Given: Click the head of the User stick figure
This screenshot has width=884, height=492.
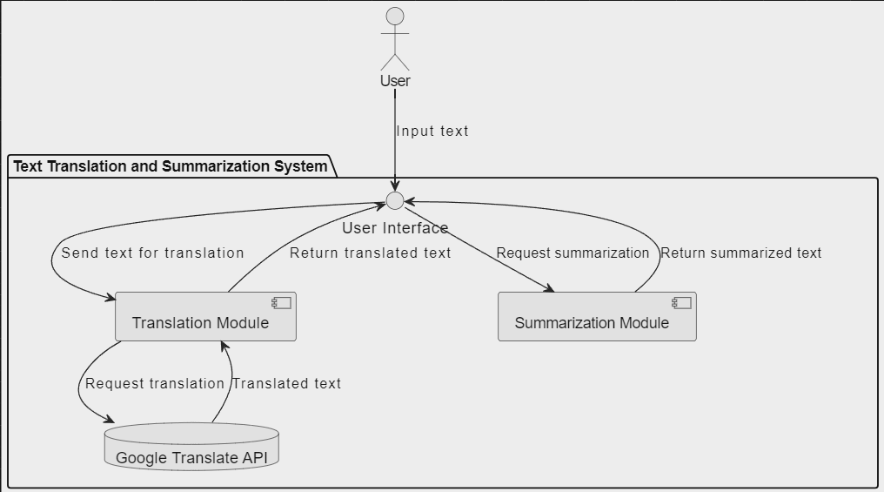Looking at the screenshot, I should click(x=395, y=16).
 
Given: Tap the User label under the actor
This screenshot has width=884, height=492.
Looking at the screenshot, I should click(x=395, y=81).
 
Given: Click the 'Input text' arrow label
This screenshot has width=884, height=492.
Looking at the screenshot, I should click(x=432, y=131).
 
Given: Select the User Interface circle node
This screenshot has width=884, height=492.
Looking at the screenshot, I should click(x=395, y=201).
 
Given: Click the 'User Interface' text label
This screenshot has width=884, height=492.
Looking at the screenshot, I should click(x=395, y=228).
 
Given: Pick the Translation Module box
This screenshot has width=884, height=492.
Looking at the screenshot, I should click(x=205, y=316).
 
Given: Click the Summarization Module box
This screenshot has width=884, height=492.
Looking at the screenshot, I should click(x=597, y=316).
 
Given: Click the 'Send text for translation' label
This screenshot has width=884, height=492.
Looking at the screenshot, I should click(x=152, y=253).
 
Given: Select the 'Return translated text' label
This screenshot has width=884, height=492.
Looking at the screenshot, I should click(x=370, y=253).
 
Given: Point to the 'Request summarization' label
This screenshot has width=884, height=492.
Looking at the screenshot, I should click(x=573, y=253).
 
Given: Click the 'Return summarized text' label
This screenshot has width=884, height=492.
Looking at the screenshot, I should click(x=740, y=253).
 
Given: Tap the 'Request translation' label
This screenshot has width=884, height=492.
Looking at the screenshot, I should click(x=155, y=383).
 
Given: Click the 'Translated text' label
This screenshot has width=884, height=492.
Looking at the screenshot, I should click(x=286, y=383).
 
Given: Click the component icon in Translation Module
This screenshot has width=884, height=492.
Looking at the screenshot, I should click(x=281, y=303).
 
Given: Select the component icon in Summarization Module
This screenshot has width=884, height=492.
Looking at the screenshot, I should click(x=681, y=303).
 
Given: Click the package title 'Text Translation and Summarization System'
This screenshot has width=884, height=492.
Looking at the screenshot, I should click(x=171, y=165).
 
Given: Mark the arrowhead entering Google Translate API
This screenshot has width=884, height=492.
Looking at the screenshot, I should click(x=110, y=421).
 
